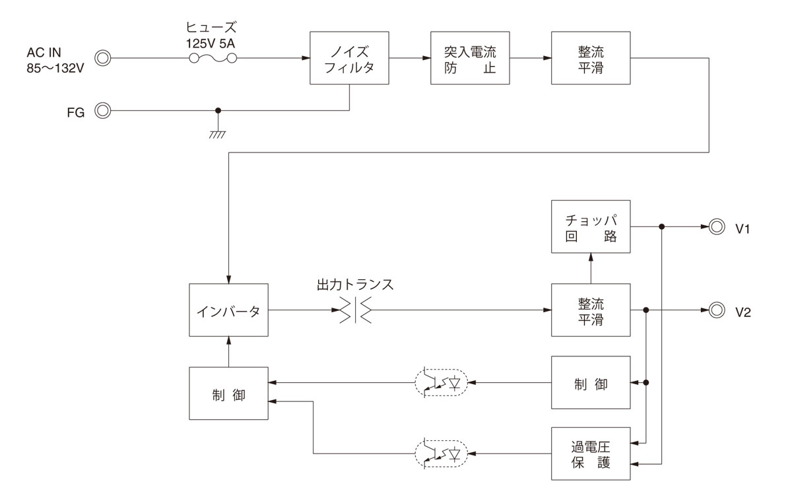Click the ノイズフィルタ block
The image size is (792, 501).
tap(350, 58)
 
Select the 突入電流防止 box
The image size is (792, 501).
tap(470, 58)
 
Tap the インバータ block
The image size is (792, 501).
tap(228, 312)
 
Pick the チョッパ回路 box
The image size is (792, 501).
tap(591, 226)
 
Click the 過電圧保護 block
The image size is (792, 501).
tap(591, 453)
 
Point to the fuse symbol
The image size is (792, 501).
tap(213, 59)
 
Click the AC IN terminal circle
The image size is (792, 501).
tap(102, 59)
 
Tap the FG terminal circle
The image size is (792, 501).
tap(102, 111)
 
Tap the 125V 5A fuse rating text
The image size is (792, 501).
tap(212, 42)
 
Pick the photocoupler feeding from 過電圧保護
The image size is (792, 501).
tap(441, 453)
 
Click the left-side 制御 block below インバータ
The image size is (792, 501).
tap(228, 393)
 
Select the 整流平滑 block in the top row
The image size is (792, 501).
tap(591, 58)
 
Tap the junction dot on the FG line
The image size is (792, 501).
tap(218, 111)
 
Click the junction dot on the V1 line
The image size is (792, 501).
tap(661, 227)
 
